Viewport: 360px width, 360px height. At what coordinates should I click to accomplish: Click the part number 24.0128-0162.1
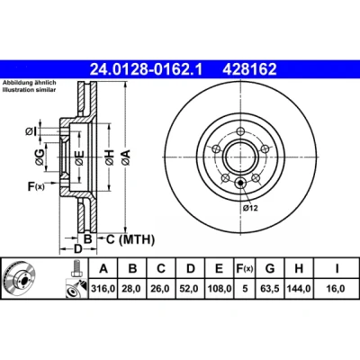click(147, 69)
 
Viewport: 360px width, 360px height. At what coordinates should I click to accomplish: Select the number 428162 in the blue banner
click(249, 69)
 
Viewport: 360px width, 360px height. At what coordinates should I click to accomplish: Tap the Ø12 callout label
click(250, 208)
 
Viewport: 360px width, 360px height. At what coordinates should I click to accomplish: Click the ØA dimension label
click(126, 157)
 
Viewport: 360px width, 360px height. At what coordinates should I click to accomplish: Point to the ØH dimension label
click(110, 157)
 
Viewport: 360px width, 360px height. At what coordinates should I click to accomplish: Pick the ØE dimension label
click(79, 157)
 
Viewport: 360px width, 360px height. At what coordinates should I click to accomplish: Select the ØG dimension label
click(40, 157)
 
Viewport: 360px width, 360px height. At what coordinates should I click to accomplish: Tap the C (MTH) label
click(130, 239)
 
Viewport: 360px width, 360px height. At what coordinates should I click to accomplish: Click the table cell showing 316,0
click(103, 289)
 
